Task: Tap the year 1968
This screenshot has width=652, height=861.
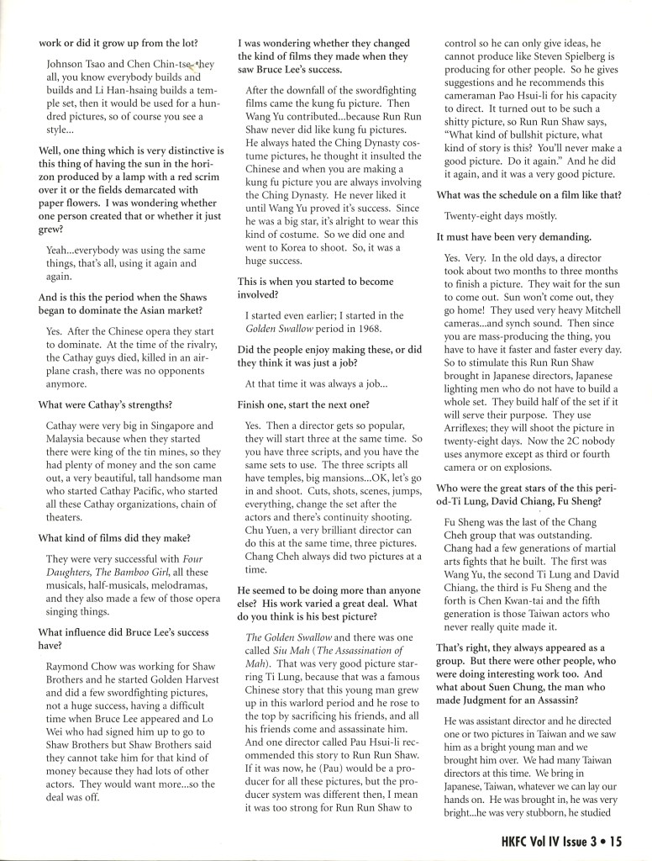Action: point(386,315)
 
